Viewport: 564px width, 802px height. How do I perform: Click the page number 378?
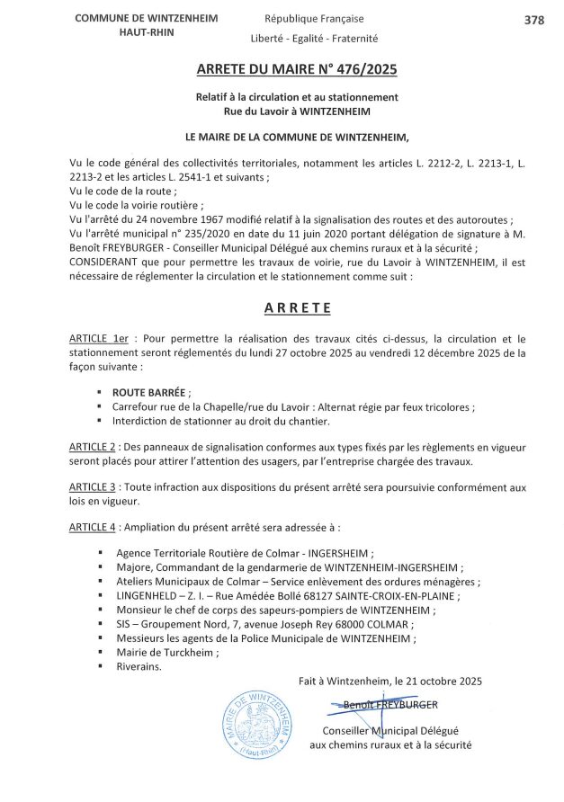pyautogui.click(x=533, y=20)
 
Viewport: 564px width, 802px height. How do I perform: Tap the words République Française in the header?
pyautogui.click(x=314, y=19)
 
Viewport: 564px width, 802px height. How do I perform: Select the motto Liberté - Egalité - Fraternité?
pyautogui.click(x=314, y=39)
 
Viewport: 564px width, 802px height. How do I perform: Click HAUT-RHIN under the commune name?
pyautogui.click(x=147, y=32)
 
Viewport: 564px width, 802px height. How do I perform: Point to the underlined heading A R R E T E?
pyautogui.click(x=297, y=308)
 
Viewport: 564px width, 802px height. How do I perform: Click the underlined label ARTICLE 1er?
pyautogui.click(x=100, y=339)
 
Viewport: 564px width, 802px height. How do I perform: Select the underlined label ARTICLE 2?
pyautogui.click(x=94, y=447)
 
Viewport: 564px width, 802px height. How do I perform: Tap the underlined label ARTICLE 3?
pyautogui.click(x=94, y=486)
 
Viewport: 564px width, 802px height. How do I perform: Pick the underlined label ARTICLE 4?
pyautogui.click(x=94, y=526)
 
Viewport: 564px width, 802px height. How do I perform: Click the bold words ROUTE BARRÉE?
pyautogui.click(x=149, y=393)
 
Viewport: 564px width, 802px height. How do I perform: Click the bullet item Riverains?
pyautogui.click(x=139, y=666)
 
